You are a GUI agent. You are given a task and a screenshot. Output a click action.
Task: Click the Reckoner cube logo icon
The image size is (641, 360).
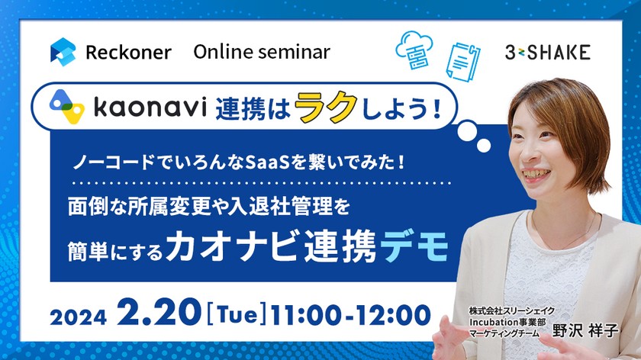pos(63,52)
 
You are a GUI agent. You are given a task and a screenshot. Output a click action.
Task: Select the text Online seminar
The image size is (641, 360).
pos(262,52)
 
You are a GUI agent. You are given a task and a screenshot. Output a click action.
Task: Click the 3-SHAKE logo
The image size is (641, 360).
pos(547,53)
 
